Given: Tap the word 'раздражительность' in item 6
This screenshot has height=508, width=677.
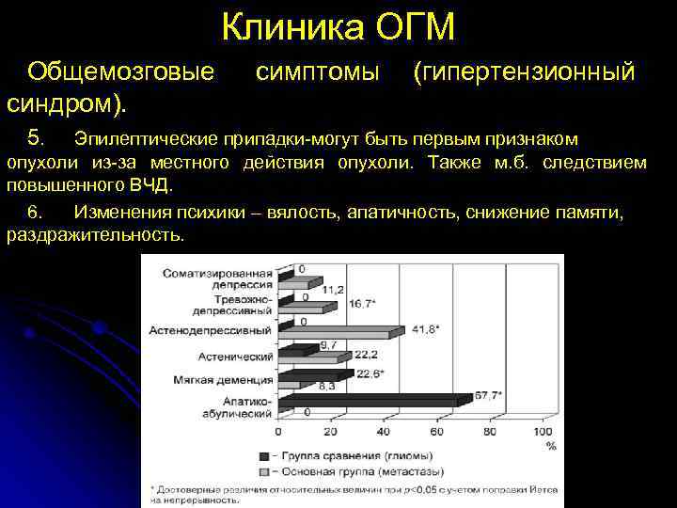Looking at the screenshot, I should (94, 233).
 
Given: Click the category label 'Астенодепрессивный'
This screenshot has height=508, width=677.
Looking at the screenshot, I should (210, 331).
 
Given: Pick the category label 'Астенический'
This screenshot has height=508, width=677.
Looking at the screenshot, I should (234, 357).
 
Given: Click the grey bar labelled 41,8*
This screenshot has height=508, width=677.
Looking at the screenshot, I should (342, 330).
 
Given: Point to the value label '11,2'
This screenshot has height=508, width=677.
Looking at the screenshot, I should (333, 290).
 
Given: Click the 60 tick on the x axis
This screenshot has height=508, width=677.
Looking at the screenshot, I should (436, 432).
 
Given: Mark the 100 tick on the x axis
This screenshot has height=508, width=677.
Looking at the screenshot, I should (543, 432).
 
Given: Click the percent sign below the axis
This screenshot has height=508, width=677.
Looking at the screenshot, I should (550, 444).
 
